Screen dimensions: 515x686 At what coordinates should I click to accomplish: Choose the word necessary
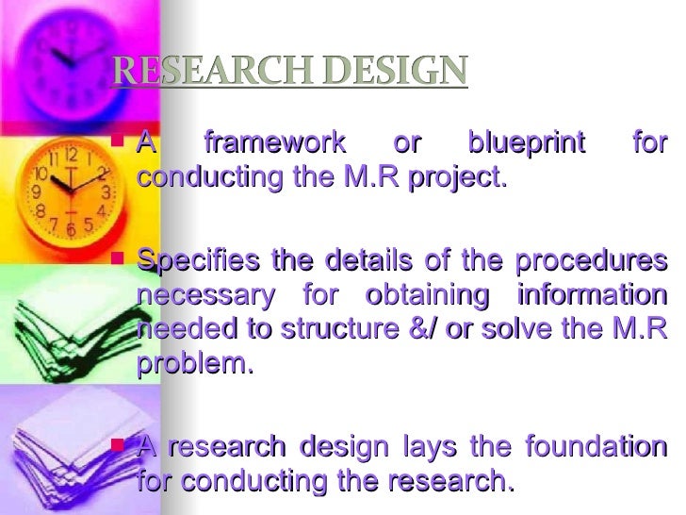(208, 295)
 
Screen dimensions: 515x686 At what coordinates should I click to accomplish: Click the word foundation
(593, 447)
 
